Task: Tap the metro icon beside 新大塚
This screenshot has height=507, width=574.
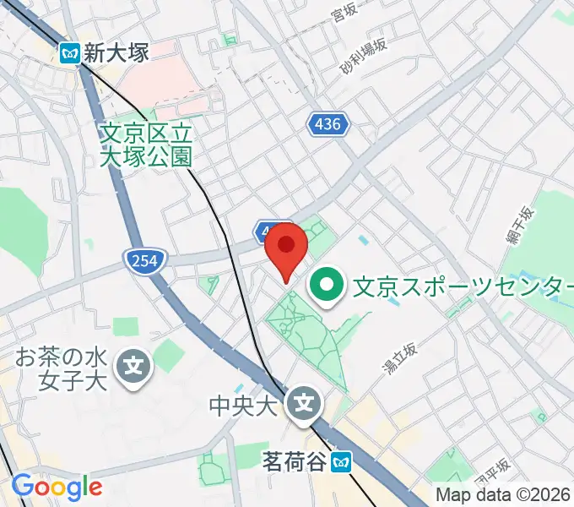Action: (x=71, y=53)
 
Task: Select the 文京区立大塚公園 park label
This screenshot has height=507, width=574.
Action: (x=146, y=144)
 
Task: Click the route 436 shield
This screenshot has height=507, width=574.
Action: (x=326, y=124)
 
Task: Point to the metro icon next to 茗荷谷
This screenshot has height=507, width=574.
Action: (x=341, y=462)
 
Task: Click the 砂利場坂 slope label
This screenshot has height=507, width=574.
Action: (x=363, y=57)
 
